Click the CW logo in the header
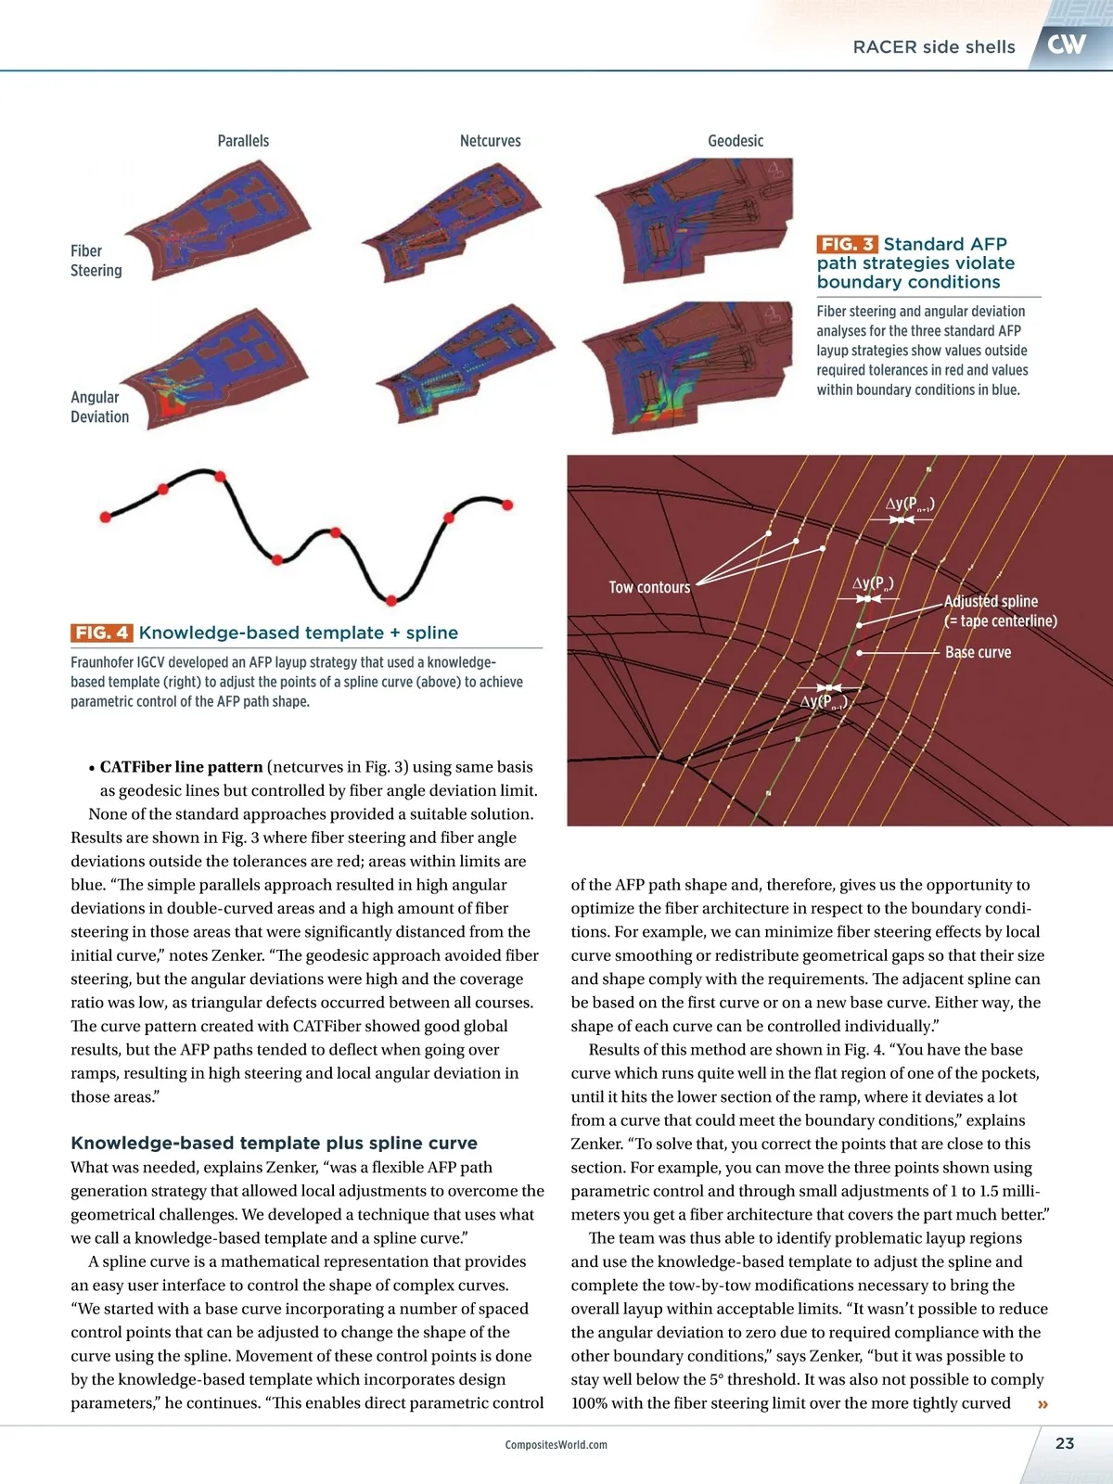tap(1067, 44)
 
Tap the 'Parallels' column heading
tap(243, 141)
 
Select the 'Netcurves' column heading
tap(490, 141)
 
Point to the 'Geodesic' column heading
tap(736, 141)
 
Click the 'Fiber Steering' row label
tap(96, 261)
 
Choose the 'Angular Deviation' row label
tap(99, 407)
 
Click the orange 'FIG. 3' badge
tap(847, 244)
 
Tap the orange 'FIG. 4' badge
tap(101, 633)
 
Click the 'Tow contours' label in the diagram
tap(649, 587)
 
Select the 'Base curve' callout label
tap(978, 652)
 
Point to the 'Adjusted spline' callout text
tap(991, 601)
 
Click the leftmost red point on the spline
tap(106, 516)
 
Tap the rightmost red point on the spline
tap(507, 505)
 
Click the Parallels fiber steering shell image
tap(232, 223)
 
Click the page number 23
tap(1065, 1443)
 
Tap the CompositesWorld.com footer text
tap(556, 1445)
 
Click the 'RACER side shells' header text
tap(934, 47)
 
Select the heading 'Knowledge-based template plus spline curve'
tap(274, 1143)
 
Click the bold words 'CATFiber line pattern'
tap(181, 767)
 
